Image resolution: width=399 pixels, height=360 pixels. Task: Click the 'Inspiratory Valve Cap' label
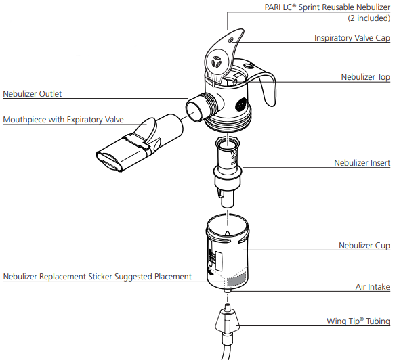tap(352, 38)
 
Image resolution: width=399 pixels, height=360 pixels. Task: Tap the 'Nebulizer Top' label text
tap(365, 76)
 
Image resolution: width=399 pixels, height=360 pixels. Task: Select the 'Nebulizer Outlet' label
tap(33, 94)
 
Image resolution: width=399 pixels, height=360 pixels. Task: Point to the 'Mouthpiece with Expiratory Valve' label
tap(64, 120)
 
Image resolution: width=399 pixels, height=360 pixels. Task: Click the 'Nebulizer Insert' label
tap(362, 162)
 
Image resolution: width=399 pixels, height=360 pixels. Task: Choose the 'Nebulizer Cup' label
tap(364, 246)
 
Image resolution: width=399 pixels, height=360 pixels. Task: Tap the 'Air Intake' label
tap(373, 287)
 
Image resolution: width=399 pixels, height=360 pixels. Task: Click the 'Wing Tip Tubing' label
tap(358, 321)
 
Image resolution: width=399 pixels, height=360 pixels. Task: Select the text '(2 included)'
tap(369, 18)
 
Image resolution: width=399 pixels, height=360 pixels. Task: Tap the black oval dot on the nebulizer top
tap(241, 104)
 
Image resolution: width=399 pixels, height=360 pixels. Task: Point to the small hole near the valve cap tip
tap(231, 40)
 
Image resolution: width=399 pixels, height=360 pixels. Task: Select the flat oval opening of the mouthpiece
tap(108, 161)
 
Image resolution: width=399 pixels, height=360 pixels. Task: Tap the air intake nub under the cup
tap(228, 290)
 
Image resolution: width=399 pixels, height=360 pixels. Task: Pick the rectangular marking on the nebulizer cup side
tap(219, 261)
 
